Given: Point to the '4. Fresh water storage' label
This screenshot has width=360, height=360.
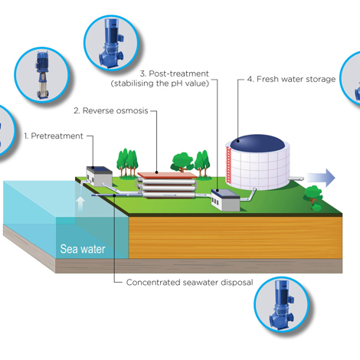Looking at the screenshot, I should [291, 79].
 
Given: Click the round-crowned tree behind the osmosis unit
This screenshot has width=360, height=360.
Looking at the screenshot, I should [182, 162].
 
